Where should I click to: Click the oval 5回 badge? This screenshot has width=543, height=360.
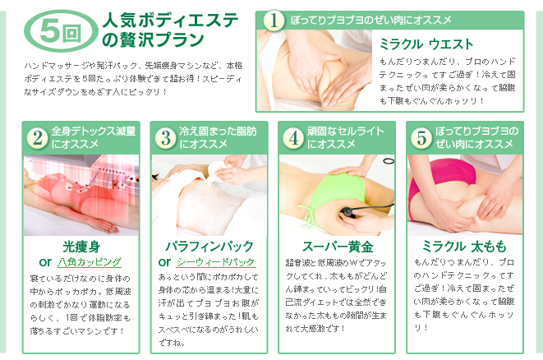click(x=61, y=31)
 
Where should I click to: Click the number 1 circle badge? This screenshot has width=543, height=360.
click(x=274, y=20)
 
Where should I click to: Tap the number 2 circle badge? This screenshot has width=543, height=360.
click(x=38, y=137)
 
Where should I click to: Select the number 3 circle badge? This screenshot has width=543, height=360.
click(x=166, y=137)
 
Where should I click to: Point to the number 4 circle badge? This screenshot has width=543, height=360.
click(x=293, y=137)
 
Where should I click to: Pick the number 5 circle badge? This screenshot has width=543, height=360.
click(x=421, y=137)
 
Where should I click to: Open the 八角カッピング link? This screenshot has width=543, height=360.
click(x=90, y=262)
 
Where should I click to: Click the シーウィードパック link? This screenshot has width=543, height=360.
click(x=216, y=262)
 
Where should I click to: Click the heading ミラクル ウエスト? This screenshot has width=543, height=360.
click(x=426, y=44)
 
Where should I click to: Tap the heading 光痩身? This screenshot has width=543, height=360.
click(x=81, y=247)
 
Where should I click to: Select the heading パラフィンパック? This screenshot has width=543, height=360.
click(x=209, y=247)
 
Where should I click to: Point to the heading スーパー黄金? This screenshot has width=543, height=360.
click(x=338, y=247)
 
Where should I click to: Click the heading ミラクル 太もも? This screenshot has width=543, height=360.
click(x=464, y=247)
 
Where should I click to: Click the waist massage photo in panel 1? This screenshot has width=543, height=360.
click(x=315, y=71)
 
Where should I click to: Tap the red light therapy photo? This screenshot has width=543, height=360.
click(x=81, y=195)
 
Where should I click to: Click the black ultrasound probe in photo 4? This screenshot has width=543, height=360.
click(x=348, y=212)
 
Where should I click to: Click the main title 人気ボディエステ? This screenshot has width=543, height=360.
click(x=170, y=20)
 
